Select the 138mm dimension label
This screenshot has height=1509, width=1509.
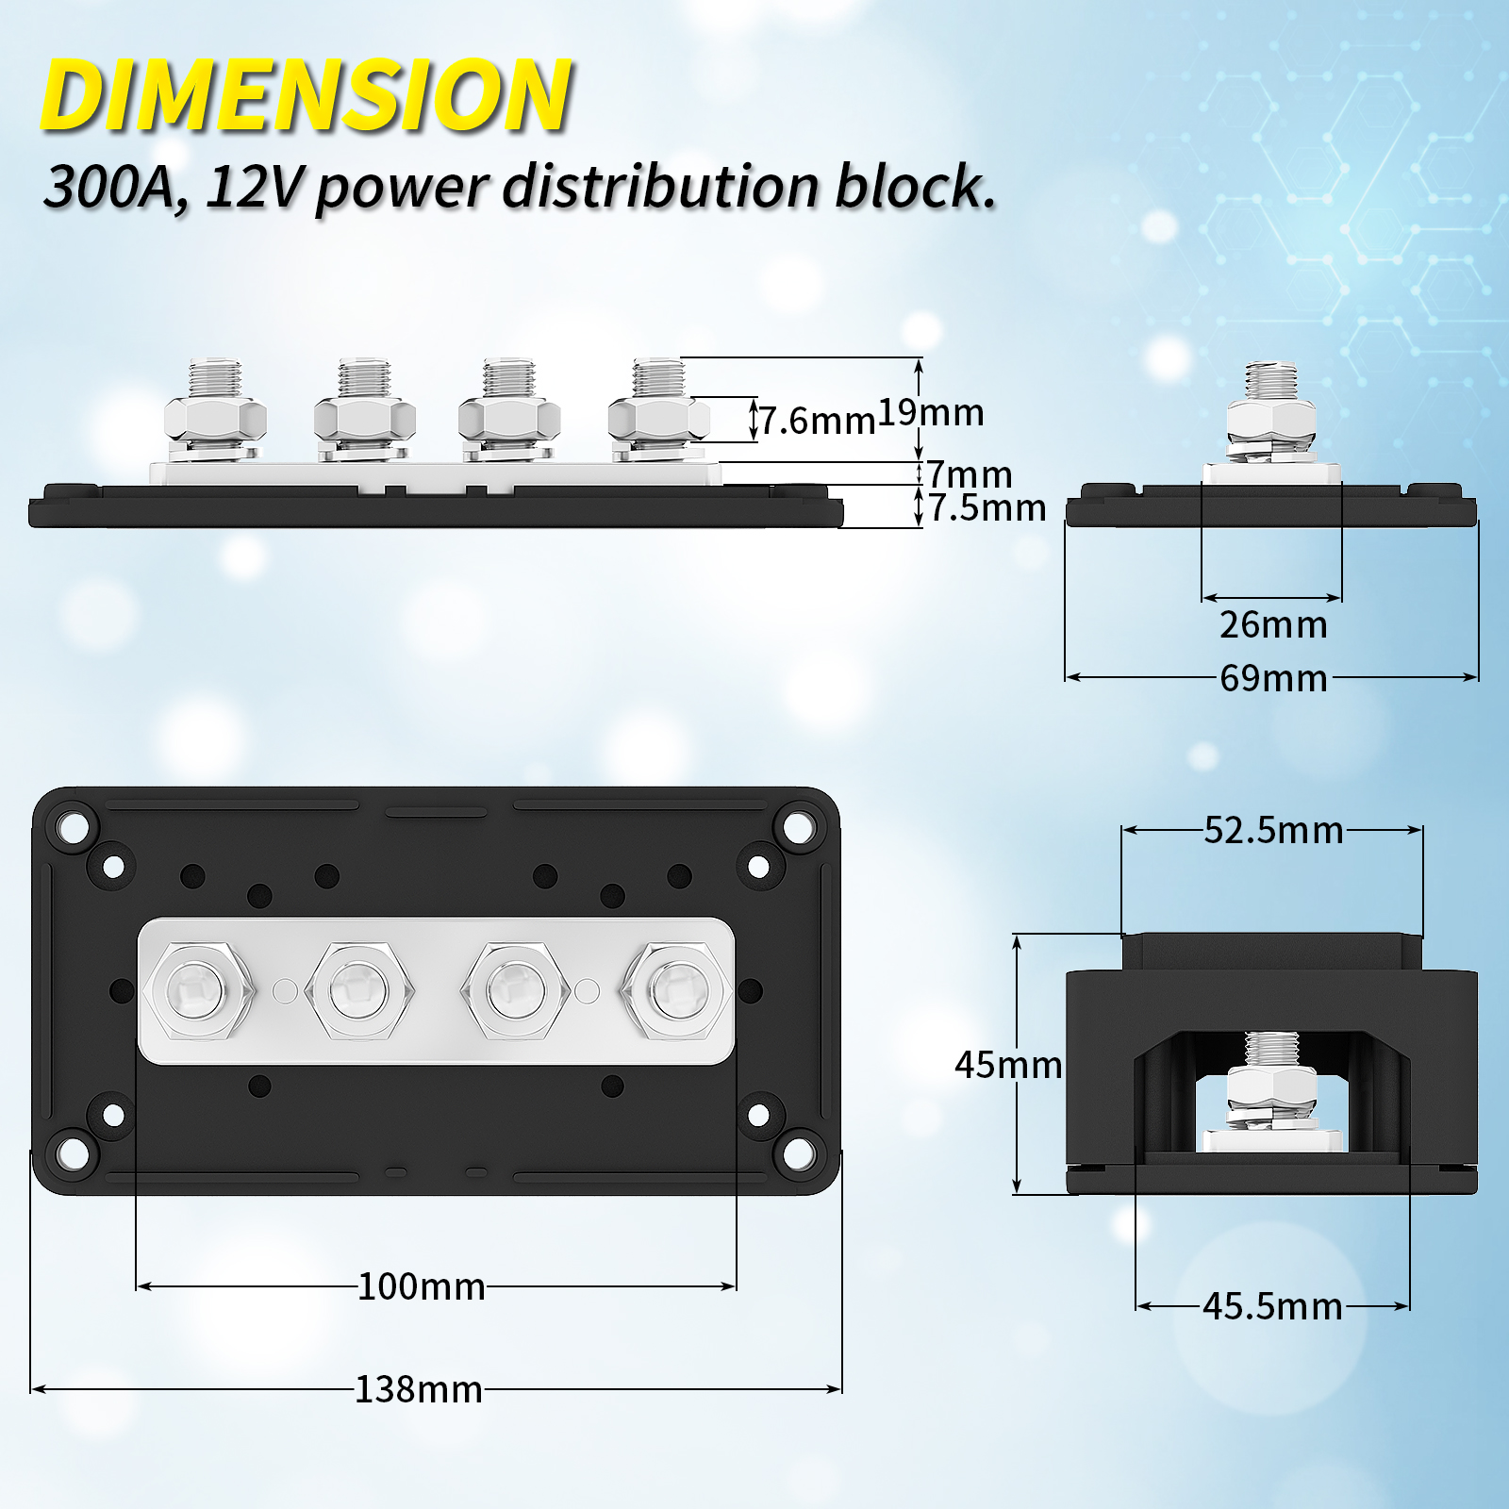418,1389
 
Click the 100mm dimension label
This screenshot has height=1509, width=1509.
421,1286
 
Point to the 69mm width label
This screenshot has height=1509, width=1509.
1272,678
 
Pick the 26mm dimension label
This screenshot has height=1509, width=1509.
1272,624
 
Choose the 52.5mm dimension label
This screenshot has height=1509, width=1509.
1272,830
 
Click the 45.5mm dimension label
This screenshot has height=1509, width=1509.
1271,1306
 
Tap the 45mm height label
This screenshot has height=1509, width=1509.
1007,1065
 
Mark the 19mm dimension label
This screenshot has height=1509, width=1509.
931,412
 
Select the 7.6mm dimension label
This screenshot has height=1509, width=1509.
818,421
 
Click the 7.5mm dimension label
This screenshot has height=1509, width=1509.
987,508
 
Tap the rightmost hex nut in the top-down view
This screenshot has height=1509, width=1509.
676,991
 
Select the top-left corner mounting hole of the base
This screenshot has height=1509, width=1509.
72,827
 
